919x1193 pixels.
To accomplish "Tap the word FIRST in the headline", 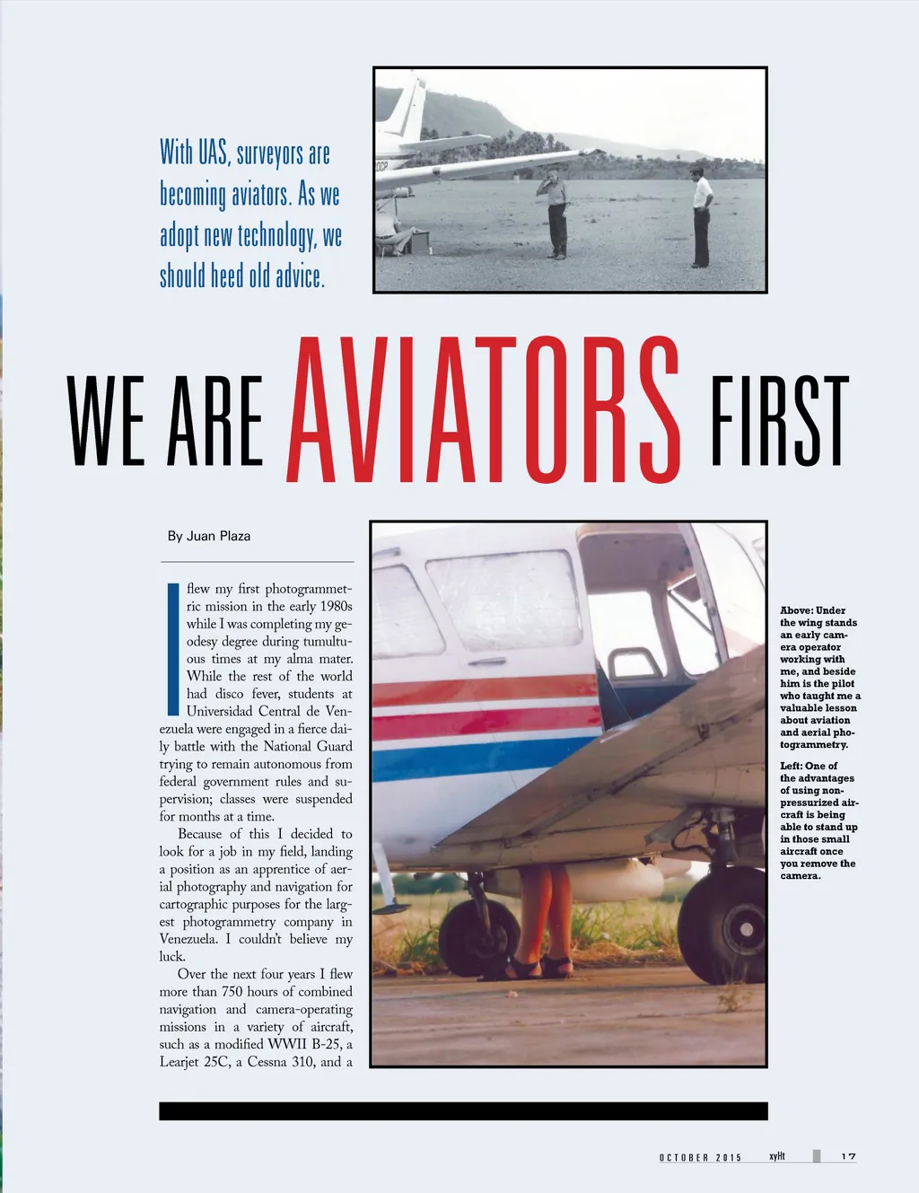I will pyautogui.click(x=779, y=422).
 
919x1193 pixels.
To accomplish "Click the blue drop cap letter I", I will pyautogui.click(x=173, y=648).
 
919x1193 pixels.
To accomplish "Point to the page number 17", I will pyautogui.click(x=848, y=1157).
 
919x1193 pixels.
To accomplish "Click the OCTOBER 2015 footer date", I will pyautogui.click(x=701, y=1158).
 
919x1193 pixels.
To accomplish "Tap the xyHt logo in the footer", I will pyautogui.click(x=777, y=1156).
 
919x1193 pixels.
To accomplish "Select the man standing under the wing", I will pyautogui.click(x=557, y=213).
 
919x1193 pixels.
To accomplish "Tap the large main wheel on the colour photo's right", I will pyautogui.click(x=722, y=924).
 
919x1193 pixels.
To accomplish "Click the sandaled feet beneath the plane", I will pyautogui.click(x=538, y=966).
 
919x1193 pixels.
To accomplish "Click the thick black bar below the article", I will pyautogui.click(x=463, y=1110).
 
